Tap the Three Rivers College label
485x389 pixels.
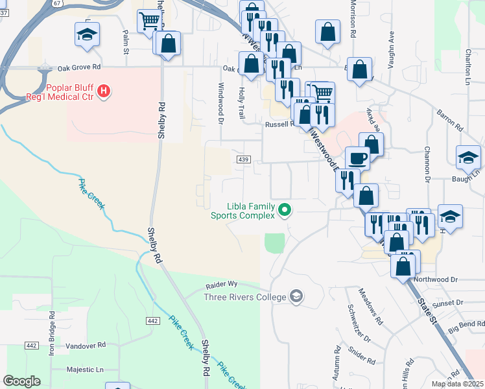244,298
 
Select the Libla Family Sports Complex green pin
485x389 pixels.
284,209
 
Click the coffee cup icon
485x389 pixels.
357,157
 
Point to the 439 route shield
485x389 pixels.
243,159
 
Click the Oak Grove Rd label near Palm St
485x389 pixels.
79,67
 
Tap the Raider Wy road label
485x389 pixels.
222,285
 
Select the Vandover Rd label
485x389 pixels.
86,346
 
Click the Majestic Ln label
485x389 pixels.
85,370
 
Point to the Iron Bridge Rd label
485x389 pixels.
53,336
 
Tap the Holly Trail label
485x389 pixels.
241,103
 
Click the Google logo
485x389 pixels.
21,381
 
